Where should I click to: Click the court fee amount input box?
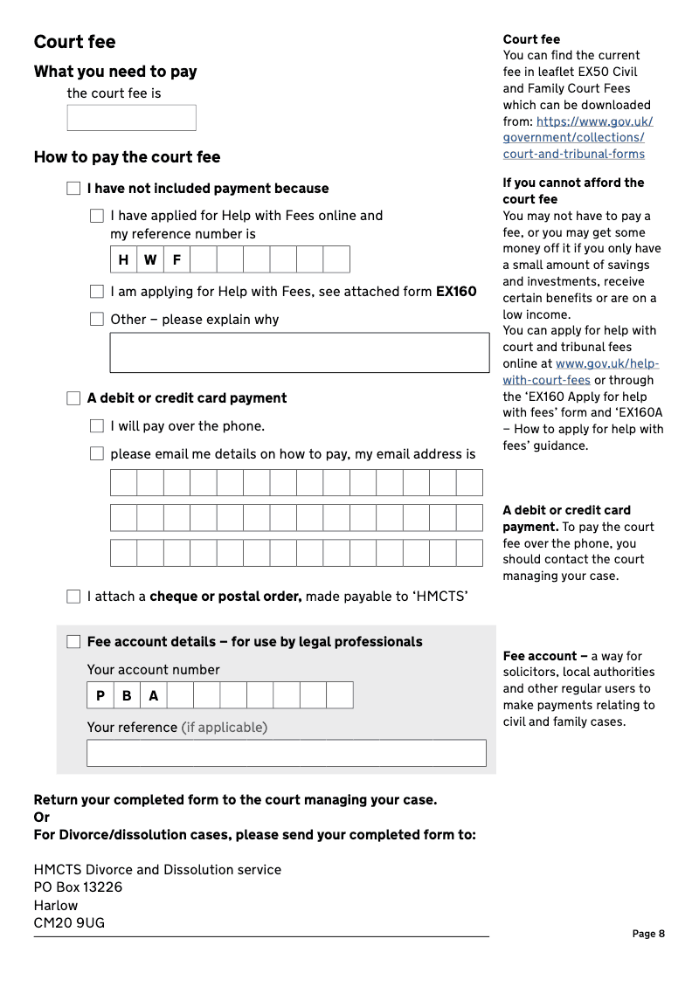pos(131,118)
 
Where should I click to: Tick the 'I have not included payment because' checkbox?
pos(73,189)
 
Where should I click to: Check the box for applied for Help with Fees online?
pos(97,216)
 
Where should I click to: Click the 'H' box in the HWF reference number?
pos(123,259)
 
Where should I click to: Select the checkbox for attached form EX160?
pos(97,292)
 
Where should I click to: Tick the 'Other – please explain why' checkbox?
pos(97,320)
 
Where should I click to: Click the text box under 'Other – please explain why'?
pos(299,352)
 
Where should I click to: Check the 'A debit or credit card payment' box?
pos(73,398)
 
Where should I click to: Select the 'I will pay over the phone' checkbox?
pos(97,426)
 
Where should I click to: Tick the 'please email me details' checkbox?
pos(97,454)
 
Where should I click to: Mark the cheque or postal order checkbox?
pos(73,597)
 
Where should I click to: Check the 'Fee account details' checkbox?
pos(73,642)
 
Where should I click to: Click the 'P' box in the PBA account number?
pos(100,695)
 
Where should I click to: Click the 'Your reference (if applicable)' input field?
pos(286,753)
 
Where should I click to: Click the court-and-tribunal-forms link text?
pos(573,155)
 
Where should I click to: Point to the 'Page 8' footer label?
pos(648,934)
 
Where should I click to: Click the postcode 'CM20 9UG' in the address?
pos(69,922)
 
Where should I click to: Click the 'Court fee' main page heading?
pos(74,42)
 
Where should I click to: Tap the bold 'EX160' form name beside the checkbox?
pos(456,292)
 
